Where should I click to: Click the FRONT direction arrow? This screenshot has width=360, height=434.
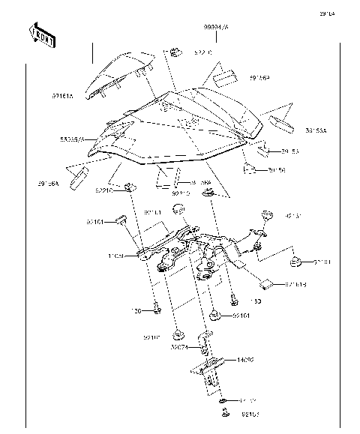(x=42, y=34)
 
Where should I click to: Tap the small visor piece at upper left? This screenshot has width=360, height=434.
(x=120, y=75)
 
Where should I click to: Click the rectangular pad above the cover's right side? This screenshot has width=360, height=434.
(x=223, y=77)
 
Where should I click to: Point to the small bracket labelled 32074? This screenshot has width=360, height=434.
(x=202, y=343)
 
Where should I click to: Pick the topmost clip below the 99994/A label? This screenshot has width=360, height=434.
(x=175, y=52)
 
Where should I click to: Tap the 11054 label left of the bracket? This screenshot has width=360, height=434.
(x=116, y=256)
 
